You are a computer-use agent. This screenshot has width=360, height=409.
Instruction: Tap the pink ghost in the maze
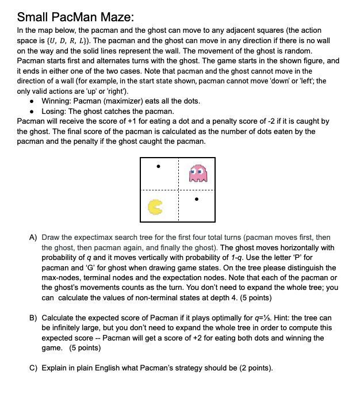[x=198, y=171]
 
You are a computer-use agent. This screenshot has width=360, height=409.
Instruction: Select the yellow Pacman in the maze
[x=155, y=207]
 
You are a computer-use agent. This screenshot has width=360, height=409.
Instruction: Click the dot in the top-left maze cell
[x=159, y=167]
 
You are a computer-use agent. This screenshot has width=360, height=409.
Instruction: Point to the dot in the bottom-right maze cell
[x=197, y=200]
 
